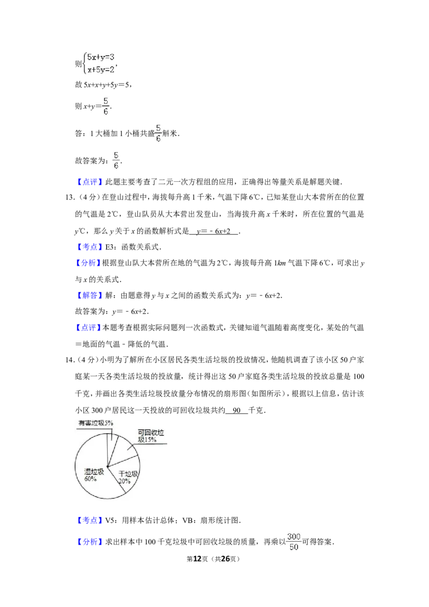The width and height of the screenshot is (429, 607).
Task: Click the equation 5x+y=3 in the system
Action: click(101, 57)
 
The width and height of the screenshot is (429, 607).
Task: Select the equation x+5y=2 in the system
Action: click(101, 70)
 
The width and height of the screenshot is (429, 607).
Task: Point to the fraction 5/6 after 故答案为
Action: click(116, 160)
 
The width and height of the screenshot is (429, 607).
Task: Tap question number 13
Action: click(70, 197)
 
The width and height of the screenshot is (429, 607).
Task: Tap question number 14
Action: click(70, 360)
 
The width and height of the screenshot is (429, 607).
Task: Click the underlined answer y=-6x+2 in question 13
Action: click(213, 232)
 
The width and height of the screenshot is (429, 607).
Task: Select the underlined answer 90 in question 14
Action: click(236, 410)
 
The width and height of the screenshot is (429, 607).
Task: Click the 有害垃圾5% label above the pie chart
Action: click(95, 423)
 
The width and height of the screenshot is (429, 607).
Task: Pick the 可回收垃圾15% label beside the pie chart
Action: click(151, 436)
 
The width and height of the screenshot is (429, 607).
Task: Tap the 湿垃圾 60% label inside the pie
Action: click(94, 475)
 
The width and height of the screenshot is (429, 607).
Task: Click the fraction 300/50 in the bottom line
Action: click(294, 542)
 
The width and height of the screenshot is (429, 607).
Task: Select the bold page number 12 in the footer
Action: click(197, 559)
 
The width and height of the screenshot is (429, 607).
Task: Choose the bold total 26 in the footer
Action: click(225, 559)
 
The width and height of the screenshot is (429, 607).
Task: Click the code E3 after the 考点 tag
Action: click(110, 247)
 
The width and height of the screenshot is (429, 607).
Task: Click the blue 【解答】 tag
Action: click(89, 295)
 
